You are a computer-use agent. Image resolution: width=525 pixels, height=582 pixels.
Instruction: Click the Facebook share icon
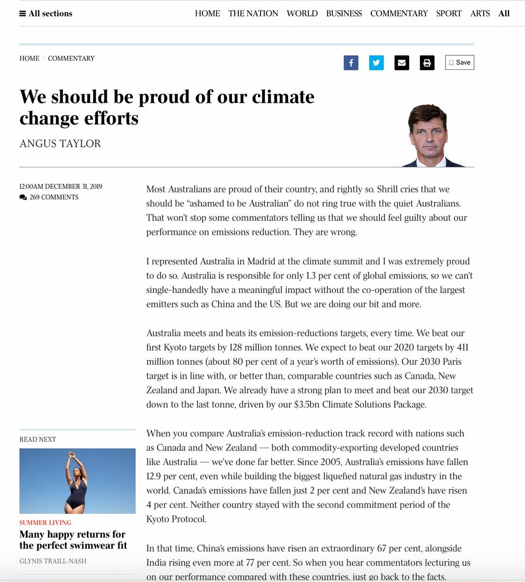click(x=351, y=63)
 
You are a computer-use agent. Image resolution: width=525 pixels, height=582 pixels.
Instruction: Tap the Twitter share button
click(x=376, y=63)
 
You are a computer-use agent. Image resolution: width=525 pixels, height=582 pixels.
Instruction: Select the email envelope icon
click(x=401, y=63)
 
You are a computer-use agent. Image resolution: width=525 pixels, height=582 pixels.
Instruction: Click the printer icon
click(x=427, y=63)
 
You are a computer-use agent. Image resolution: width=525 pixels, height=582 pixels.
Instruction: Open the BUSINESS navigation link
click(x=344, y=14)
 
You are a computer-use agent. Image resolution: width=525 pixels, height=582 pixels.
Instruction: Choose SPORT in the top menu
click(x=449, y=14)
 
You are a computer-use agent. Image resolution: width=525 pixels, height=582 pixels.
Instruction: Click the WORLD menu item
click(x=302, y=14)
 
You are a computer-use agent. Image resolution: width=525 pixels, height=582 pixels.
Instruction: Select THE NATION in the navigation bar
click(x=253, y=14)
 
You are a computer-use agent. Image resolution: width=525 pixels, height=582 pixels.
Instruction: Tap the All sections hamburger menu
click(x=46, y=14)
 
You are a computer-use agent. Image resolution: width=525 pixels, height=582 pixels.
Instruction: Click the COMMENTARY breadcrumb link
click(x=71, y=58)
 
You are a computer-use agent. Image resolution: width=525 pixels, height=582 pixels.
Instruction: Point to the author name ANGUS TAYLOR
click(x=60, y=144)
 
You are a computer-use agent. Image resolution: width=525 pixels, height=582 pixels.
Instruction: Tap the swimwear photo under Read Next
click(x=78, y=481)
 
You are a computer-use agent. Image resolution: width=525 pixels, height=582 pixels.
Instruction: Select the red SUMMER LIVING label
click(x=45, y=522)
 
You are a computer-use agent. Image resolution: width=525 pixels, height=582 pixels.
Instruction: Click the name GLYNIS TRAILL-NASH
click(x=53, y=561)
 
